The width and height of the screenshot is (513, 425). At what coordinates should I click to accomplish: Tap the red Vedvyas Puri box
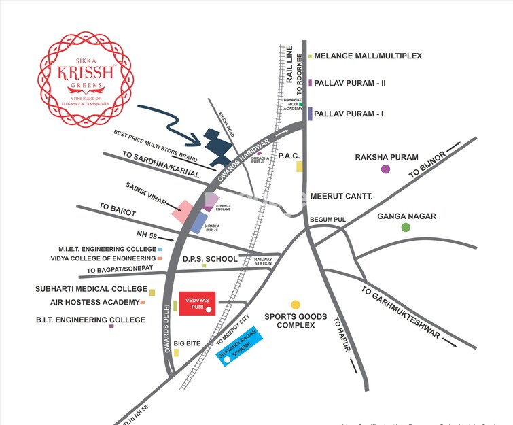pos(197,303)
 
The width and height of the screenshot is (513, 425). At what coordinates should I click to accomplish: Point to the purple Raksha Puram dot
pos(386,169)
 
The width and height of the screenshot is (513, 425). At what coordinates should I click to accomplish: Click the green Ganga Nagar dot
pos(406,227)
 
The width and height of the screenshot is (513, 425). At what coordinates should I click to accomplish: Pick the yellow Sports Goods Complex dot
pos(296,304)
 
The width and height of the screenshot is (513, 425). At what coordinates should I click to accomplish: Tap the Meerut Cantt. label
pos(342,196)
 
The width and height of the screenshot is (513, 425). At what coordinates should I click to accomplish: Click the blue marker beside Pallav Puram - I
pos(311,114)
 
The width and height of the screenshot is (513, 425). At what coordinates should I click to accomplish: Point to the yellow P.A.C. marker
pos(299,166)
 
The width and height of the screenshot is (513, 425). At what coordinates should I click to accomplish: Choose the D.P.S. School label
pos(210,259)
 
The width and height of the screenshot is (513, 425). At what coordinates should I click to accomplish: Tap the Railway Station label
pos(263,260)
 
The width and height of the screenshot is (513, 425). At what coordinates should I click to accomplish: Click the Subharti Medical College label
pos(91,289)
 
